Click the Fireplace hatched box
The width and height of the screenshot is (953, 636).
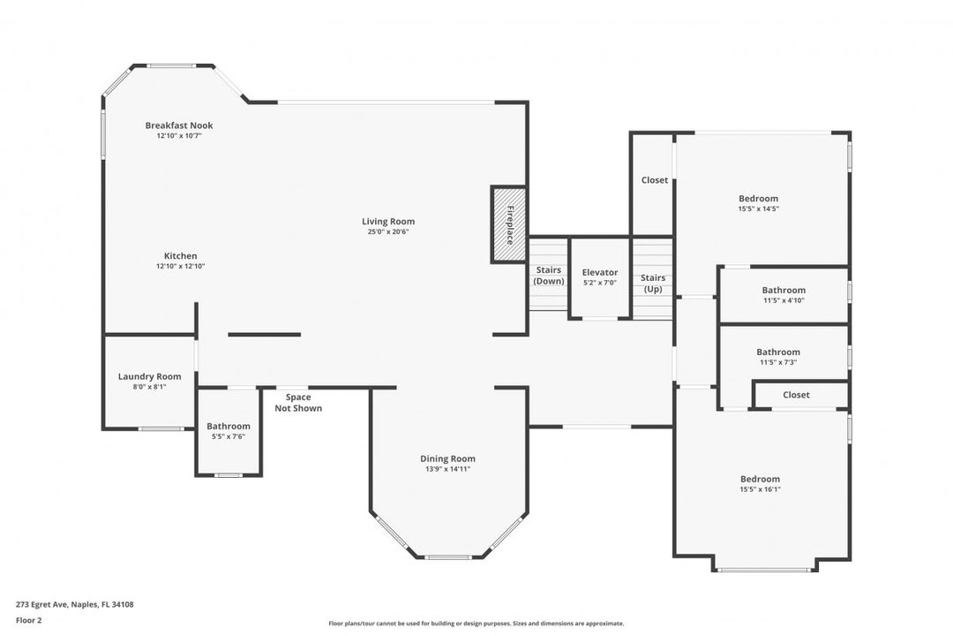509,224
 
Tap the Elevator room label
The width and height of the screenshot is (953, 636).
600,273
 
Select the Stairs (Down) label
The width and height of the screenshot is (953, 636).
549,276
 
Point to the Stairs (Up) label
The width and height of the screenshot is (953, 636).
653,284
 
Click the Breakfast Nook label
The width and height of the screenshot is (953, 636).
179,125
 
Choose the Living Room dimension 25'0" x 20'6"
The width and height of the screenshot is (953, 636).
388,232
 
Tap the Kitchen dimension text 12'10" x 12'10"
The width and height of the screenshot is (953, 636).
181,266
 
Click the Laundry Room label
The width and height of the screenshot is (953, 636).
149,376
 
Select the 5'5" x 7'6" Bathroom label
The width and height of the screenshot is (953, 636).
229,427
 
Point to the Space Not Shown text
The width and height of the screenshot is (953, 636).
298,403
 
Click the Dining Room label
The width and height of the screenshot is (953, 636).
448,459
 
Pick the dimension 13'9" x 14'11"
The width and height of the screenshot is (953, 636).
448,469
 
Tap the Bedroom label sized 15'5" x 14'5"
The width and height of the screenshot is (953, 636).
759,199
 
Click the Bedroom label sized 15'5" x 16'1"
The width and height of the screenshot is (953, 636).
761,479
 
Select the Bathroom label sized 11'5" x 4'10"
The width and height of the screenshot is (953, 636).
784,291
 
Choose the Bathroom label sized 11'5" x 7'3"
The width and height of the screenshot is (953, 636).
778,352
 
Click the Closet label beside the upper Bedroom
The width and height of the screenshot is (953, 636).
655,180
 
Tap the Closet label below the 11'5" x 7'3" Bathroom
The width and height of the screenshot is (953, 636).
796,395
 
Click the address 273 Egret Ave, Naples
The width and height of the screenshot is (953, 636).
75,604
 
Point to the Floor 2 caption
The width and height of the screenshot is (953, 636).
28,621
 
